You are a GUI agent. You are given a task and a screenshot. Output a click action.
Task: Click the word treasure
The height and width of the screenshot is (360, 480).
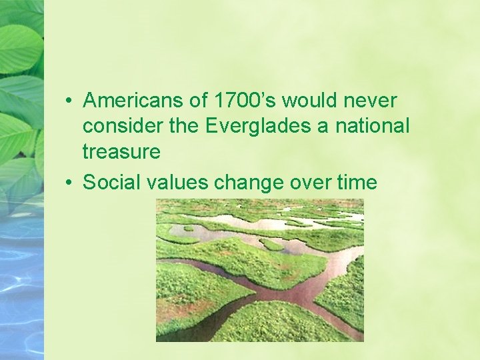121,152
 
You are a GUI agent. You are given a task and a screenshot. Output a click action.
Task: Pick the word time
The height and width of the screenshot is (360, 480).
357,183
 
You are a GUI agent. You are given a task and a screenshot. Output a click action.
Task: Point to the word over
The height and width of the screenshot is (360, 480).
309,183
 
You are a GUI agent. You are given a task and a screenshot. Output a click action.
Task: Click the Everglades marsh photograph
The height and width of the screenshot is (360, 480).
259,270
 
